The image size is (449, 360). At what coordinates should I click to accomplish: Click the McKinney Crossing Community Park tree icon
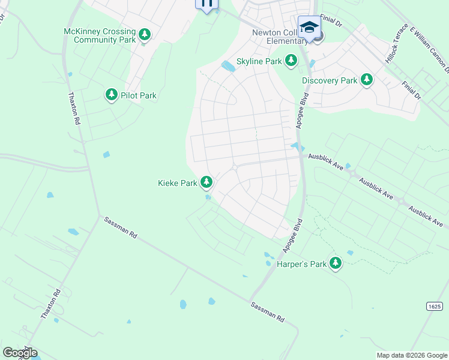point(144,35)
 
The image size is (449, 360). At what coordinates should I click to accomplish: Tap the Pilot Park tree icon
point(111,95)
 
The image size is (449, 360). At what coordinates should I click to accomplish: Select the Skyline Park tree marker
point(291,60)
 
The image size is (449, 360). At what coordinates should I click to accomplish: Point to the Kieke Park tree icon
point(206,181)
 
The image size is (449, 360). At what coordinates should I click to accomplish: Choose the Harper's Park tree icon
point(335,263)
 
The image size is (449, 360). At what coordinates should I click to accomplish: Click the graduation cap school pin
point(309,28)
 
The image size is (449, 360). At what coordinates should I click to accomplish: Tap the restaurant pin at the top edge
point(207,4)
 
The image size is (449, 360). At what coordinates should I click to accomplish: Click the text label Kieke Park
point(177,182)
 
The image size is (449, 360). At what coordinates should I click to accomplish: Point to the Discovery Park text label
point(330,80)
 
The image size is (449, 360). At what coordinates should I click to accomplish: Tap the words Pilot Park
point(139,95)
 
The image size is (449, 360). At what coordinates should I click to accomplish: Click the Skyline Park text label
point(259,61)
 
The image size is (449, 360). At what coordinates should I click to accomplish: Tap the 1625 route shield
point(435,306)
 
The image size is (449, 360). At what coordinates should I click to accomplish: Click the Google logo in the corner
point(20,353)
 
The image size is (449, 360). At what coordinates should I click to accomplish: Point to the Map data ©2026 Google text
point(412,355)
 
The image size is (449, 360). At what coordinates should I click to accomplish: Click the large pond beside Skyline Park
point(228,66)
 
